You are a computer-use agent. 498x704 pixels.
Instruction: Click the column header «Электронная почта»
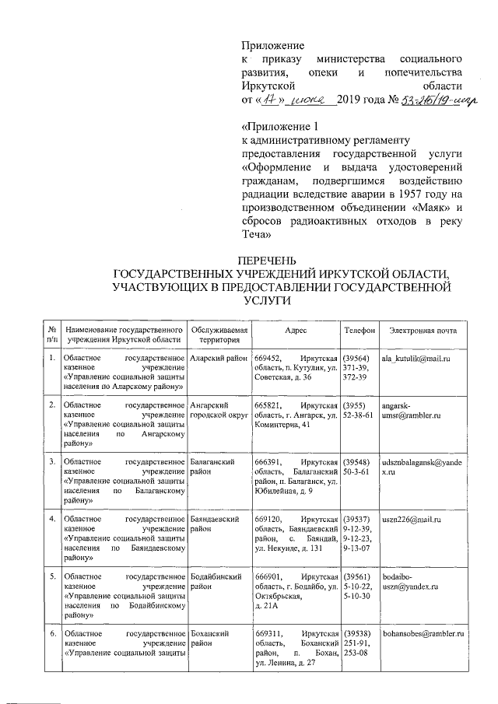click(x=423, y=331)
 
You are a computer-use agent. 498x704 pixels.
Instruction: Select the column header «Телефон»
click(x=359, y=331)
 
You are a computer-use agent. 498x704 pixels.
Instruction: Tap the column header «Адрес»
click(x=296, y=331)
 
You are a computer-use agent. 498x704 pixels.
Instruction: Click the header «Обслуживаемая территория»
click(x=219, y=335)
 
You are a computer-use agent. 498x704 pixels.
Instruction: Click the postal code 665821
click(x=268, y=406)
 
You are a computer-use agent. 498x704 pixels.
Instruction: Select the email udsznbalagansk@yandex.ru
click(x=423, y=467)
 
